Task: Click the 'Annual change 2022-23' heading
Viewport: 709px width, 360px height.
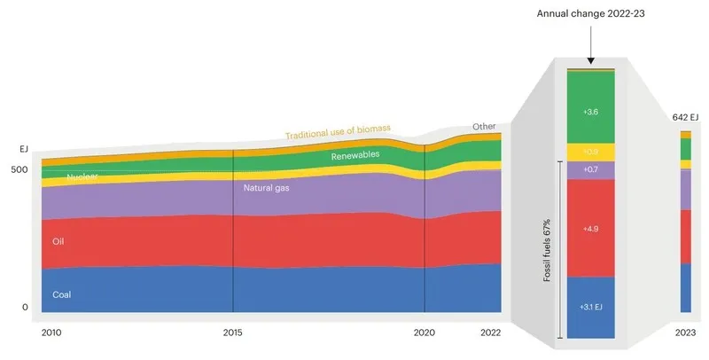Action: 591,15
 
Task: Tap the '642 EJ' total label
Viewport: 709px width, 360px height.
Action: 686,116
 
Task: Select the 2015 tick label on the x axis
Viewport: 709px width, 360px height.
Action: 232,333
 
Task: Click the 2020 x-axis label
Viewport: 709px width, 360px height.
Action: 425,333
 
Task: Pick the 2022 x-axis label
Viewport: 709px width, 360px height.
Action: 489,333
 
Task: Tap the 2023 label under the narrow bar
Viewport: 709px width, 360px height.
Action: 685,333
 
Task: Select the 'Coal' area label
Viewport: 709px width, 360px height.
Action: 62,294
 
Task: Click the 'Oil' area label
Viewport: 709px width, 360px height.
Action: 58,241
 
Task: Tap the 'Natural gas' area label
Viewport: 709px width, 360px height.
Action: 267,188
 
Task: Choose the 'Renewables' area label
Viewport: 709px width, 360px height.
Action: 355,156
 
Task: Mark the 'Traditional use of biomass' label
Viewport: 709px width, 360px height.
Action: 338,132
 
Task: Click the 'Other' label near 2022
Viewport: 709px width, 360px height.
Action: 484,126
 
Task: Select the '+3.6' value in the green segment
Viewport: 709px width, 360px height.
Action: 590,113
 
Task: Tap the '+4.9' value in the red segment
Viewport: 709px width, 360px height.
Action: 590,229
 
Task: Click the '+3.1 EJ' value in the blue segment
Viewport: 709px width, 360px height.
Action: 590,307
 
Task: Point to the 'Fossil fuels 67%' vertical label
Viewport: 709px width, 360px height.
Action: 548,251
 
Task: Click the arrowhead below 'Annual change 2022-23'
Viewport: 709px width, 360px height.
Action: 590,59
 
